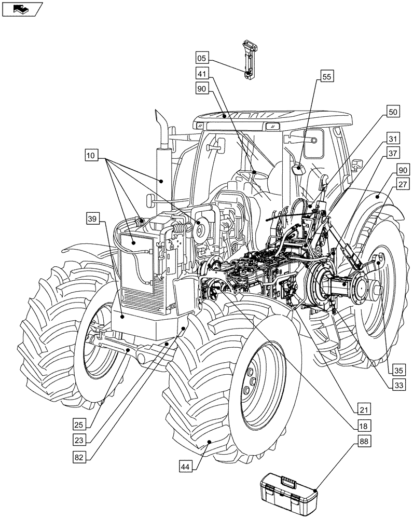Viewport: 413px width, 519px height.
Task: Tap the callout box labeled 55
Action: (x=326, y=77)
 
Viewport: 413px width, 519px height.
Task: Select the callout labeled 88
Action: (x=364, y=442)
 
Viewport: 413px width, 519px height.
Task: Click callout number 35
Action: (x=397, y=370)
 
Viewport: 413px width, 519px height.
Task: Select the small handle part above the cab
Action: (x=249, y=58)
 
